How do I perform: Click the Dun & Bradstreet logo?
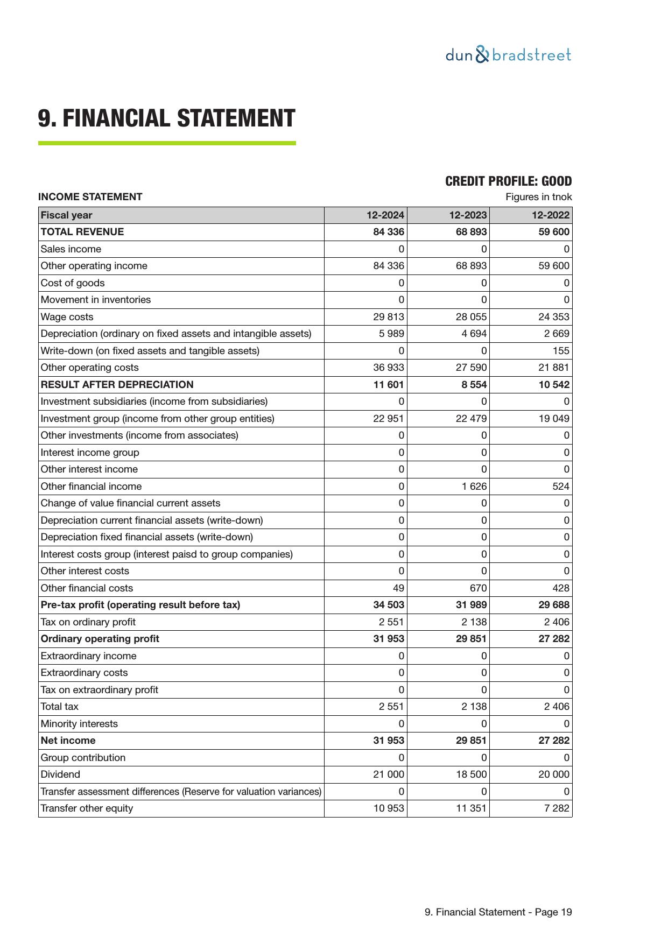coord(508,55)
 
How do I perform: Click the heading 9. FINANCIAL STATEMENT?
coord(166,118)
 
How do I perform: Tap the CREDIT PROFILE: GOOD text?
coord(508,181)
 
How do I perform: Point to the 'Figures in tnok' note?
coord(538,197)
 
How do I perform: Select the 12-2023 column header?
coord(468,215)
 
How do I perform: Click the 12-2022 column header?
coord(551,215)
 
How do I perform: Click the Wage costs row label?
coord(67,317)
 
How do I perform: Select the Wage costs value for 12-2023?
coord(471,317)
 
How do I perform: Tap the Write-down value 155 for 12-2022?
coord(560,351)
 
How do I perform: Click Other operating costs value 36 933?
coord(389,368)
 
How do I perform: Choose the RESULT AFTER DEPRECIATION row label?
coord(117,385)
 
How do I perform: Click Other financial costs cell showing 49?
coord(398,588)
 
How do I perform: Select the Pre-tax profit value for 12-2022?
coord(554,605)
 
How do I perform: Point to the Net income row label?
coord(68,741)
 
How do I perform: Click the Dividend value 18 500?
coord(471,774)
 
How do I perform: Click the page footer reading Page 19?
coord(498,912)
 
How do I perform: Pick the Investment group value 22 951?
coord(389,419)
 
